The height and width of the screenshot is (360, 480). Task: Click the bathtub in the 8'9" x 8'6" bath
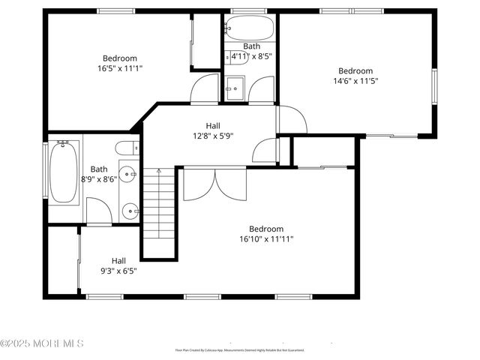click(x=63, y=172)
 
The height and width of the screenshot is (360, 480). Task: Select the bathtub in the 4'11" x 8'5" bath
click(x=248, y=30)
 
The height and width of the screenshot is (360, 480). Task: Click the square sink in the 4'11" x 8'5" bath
click(x=236, y=86)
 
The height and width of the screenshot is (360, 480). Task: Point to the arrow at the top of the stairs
click(x=159, y=172)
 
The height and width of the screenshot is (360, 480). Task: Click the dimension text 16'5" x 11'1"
click(x=119, y=68)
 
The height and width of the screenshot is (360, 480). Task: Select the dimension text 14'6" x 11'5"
click(x=355, y=81)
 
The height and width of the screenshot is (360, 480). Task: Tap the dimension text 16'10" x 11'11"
click(x=266, y=239)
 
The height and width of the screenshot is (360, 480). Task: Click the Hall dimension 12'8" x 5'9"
click(x=213, y=136)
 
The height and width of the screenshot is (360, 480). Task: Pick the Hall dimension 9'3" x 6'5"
click(x=118, y=271)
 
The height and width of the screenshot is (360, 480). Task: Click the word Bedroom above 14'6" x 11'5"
click(x=355, y=71)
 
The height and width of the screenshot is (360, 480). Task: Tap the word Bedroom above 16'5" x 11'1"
click(x=119, y=58)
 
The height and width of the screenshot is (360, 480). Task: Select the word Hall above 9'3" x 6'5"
click(x=118, y=261)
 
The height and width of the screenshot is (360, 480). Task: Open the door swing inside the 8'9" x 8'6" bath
click(x=98, y=211)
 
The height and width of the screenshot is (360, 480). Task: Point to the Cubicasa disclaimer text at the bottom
click(x=240, y=349)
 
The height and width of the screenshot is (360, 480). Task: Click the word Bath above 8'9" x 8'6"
click(x=99, y=169)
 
